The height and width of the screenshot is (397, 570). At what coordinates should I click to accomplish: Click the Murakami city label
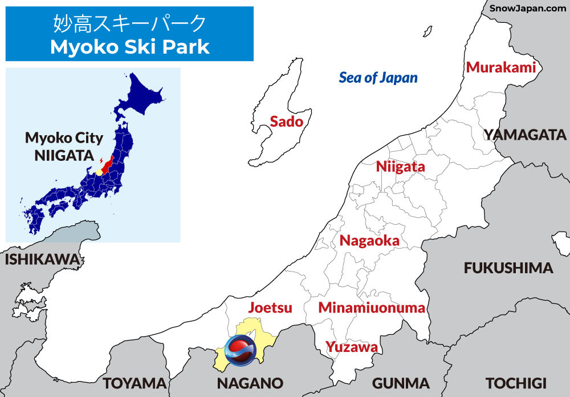point(501,67)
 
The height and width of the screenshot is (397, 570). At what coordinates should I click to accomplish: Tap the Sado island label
point(286,121)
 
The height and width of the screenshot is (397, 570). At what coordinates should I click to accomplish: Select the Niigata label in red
point(400,167)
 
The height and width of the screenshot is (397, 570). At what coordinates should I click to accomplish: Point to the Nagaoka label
point(369,241)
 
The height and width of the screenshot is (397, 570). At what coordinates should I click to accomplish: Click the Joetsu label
point(270,308)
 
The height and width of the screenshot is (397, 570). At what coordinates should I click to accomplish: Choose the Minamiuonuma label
point(372,308)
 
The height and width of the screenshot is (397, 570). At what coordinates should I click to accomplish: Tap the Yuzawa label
point(351,347)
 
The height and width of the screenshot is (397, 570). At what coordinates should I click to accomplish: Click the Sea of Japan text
point(378,78)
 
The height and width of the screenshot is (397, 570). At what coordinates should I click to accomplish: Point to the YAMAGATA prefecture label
point(525,135)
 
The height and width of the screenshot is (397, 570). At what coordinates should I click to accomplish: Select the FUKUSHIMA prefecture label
point(508,268)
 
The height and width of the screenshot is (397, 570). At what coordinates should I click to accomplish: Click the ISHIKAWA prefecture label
point(42,260)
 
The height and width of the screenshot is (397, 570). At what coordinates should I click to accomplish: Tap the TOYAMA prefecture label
point(135,383)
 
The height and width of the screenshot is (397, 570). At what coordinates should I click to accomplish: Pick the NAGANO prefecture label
point(250,383)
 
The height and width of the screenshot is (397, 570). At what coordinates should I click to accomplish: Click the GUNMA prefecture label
point(401,383)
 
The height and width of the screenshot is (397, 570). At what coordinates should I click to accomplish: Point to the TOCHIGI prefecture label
point(516,383)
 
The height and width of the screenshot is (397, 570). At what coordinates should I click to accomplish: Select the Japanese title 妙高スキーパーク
point(129,24)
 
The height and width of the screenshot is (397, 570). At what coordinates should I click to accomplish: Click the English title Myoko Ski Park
point(130,47)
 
